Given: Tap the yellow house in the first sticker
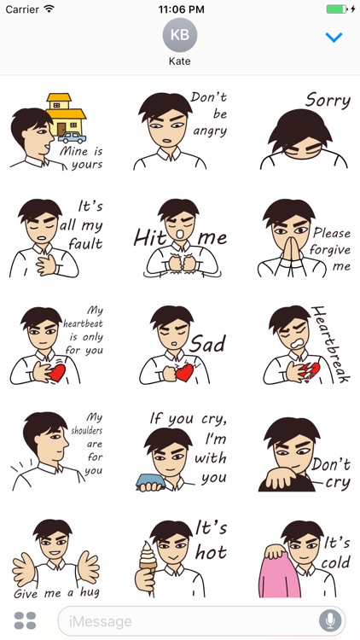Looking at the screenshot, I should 69,113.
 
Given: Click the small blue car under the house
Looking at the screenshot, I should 72,137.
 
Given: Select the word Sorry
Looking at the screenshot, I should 328,101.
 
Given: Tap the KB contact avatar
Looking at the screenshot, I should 180,35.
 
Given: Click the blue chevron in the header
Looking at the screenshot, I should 334,37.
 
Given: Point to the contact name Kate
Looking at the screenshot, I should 180,62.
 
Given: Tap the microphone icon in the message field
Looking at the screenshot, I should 329,620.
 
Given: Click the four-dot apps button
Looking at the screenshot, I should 26,620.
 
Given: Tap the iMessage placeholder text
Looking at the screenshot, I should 106,621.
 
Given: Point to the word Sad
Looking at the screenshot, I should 207,344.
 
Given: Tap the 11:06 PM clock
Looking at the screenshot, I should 180,9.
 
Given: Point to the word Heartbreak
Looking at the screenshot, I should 331,343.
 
